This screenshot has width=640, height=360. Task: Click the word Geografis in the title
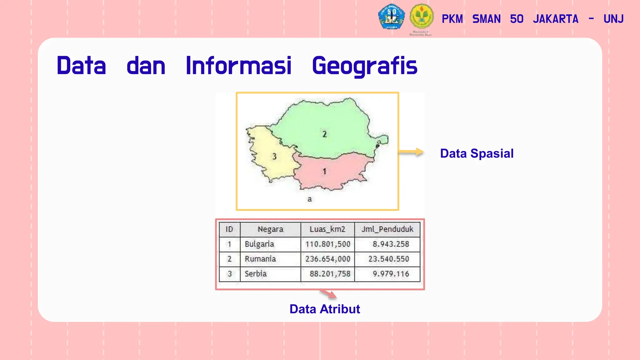pos(364,66)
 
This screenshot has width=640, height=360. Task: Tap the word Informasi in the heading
pos(238,66)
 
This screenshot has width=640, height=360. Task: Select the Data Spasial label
pos(477,153)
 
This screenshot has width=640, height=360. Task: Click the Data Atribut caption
pos(325,309)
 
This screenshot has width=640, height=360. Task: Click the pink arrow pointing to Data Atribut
pos(328,294)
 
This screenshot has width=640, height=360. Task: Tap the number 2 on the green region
pos(324,134)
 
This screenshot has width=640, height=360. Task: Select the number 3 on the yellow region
pos(274,156)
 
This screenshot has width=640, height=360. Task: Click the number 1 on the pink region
pos(324,171)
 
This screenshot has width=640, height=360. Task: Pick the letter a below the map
pos(309,199)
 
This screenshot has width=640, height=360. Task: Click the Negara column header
pos(270,229)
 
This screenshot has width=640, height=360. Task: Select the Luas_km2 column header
pos(327,229)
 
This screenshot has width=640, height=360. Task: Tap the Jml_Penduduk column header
pos(387,229)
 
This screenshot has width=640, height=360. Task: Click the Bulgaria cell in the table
pos(259,244)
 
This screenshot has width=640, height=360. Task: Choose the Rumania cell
pos(260,259)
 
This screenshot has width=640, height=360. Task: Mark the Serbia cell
pos(256,274)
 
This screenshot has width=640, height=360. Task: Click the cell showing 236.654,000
pos(328,259)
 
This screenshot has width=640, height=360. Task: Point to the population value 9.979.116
pos(391,274)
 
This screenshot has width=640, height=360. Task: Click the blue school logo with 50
pos(391,17)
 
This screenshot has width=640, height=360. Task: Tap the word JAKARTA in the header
pos(556,19)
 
